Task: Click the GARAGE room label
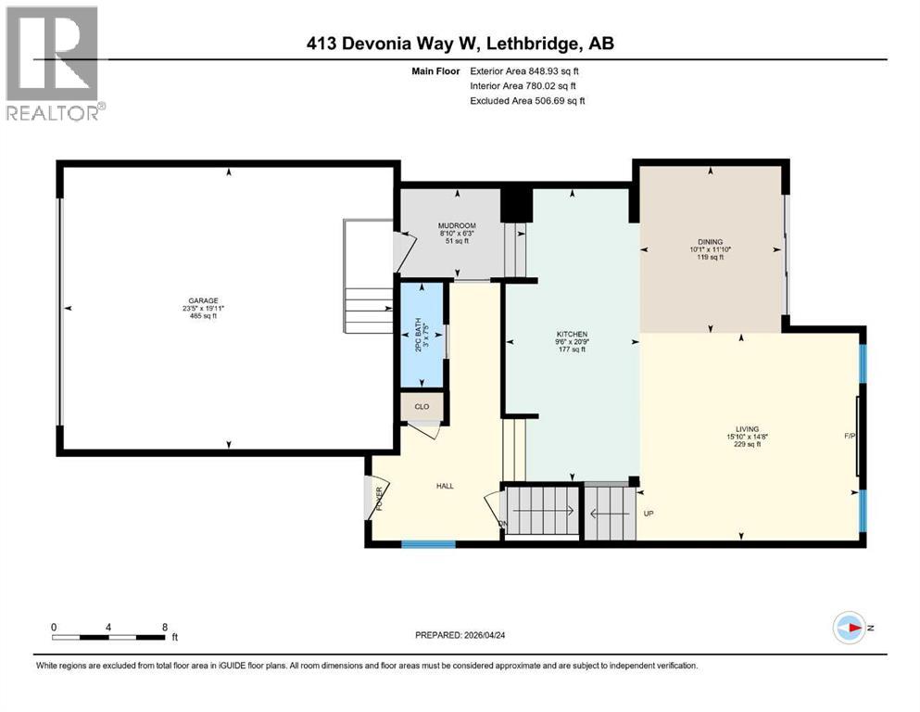tap(203, 300)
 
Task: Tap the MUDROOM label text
tap(456, 225)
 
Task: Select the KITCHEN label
tap(572, 334)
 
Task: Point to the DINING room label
tap(711, 240)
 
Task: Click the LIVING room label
tap(748, 429)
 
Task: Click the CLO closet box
tap(422, 406)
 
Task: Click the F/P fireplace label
tap(848, 435)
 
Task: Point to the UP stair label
tap(649, 513)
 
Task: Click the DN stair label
tap(505, 525)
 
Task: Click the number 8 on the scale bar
tap(165, 627)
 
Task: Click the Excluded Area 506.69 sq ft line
tap(527, 100)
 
